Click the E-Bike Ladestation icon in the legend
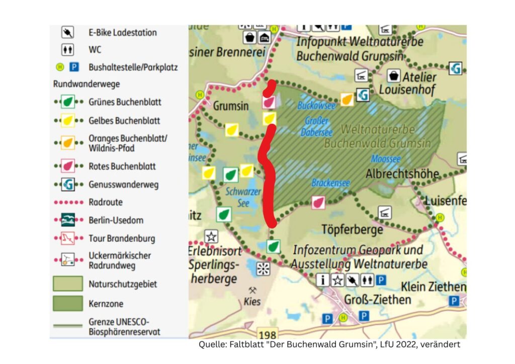pyautogui.click(x=67, y=33)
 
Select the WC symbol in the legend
pyautogui.click(x=67, y=50)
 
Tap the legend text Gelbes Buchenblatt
pyautogui.click(x=124, y=121)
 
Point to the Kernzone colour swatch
pyautogui.click(x=68, y=304)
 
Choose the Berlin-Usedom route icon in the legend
pyautogui.click(x=67, y=220)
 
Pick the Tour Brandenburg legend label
pyautogui.click(x=122, y=238)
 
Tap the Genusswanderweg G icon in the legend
pyautogui.click(x=67, y=185)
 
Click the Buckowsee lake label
pyautogui.click(x=316, y=106)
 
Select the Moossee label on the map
pyautogui.click(x=386, y=159)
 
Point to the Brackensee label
pyautogui.click(x=330, y=183)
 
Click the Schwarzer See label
pyautogui.click(x=243, y=197)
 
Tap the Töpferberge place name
pyautogui.click(x=352, y=230)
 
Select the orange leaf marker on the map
pyautogui.click(x=346, y=100)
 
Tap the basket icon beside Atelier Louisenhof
pyautogui.click(x=393, y=76)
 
